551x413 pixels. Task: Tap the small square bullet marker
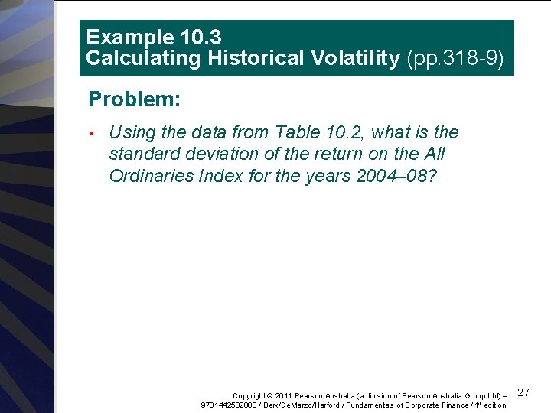pos(91,134)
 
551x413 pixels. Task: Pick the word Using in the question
pos(131,132)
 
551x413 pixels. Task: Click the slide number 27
pos(524,392)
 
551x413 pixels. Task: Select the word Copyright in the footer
pos(254,395)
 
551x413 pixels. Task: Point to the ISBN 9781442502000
pos(227,405)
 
